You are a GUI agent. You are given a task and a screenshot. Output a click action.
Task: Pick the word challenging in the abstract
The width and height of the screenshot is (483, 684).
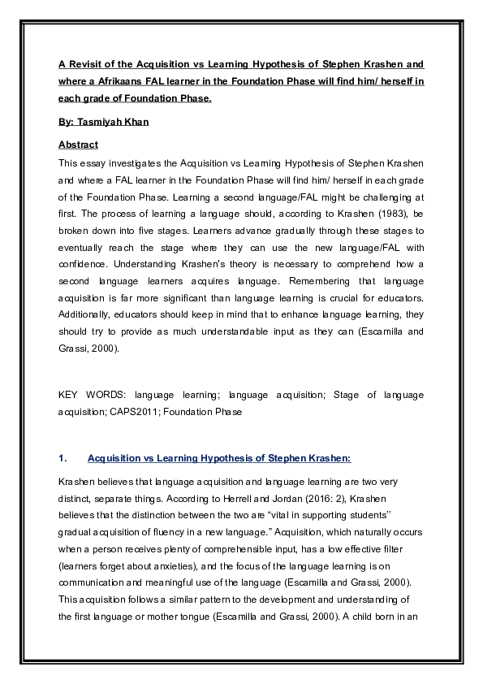click(376, 197)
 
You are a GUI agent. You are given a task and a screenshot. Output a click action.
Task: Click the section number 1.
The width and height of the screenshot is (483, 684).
click(63, 458)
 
